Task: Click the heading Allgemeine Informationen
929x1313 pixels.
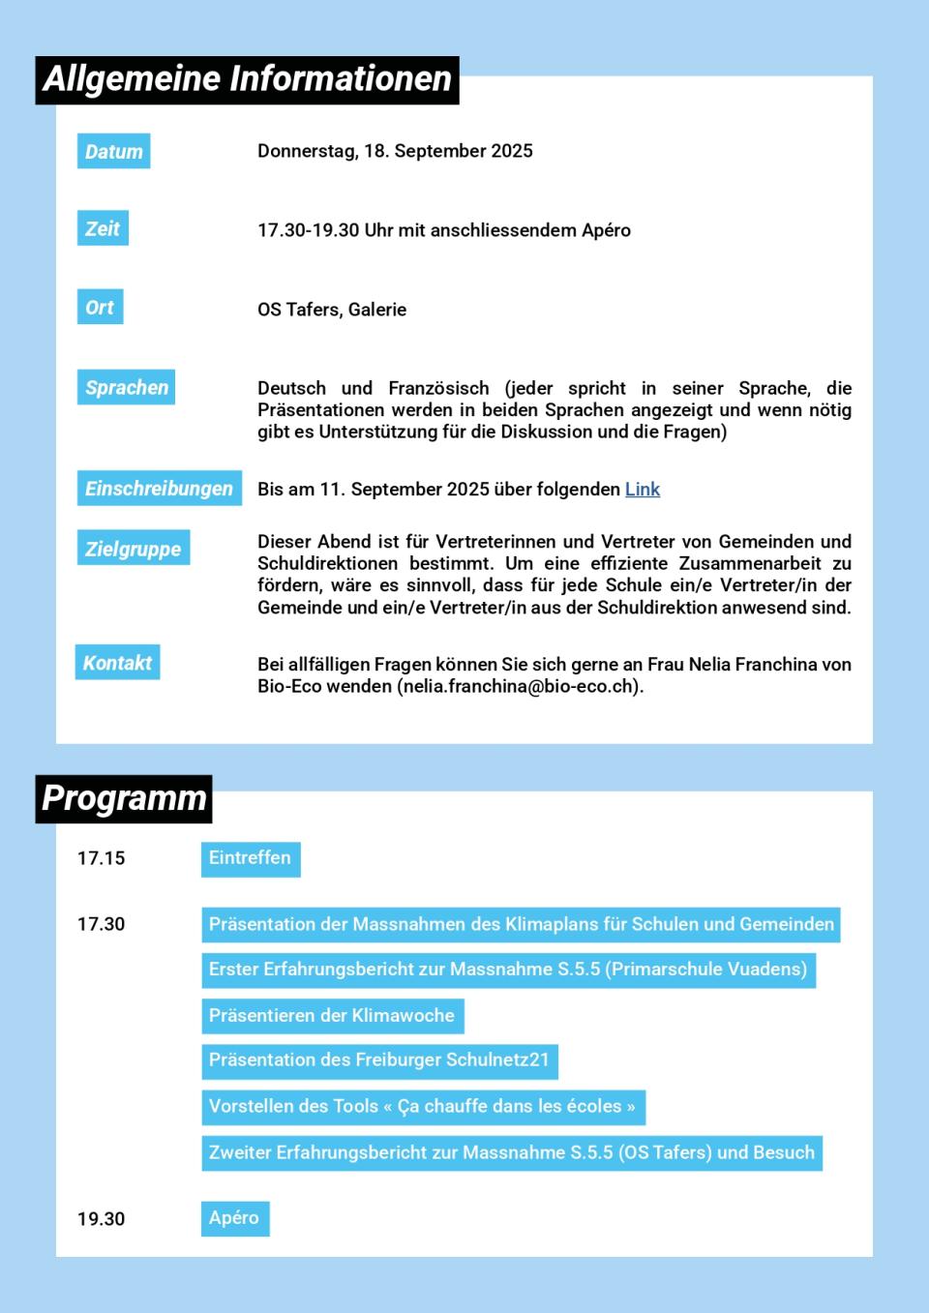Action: (x=247, y=79)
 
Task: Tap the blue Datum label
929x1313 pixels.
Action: (x=113, y=152)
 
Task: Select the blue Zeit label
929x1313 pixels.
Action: (x=103, y=229)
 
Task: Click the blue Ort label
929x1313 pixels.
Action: (x=100, y=308)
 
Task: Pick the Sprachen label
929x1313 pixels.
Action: (x=126, y=388)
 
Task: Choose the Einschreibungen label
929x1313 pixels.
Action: (x=159, y=489)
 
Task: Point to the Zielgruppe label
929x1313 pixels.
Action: (x=133, y=549)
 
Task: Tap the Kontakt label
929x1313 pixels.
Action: (x=117, y=663)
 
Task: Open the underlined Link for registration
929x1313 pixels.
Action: (x=643, y=490)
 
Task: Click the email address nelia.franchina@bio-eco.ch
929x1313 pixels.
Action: (x=520, y=686)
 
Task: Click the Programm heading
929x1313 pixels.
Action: (x=124, y=799)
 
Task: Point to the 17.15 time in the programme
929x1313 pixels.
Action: (x=102, y=858)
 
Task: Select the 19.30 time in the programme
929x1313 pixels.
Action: (x=102, y=1219)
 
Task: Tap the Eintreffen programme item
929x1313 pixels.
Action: (x=250, y=858)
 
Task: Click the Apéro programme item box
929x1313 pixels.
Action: (x=234, y=1218)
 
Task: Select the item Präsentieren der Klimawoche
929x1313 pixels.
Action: (x=332, y=1016)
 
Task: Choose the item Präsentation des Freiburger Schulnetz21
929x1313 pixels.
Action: (x=379, y=1060)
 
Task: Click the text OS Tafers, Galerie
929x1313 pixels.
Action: (x=332, y=310)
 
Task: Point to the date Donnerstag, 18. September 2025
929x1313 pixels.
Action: (x=395, y=151)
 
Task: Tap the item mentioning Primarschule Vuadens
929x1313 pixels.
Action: (x=508, y=970)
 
